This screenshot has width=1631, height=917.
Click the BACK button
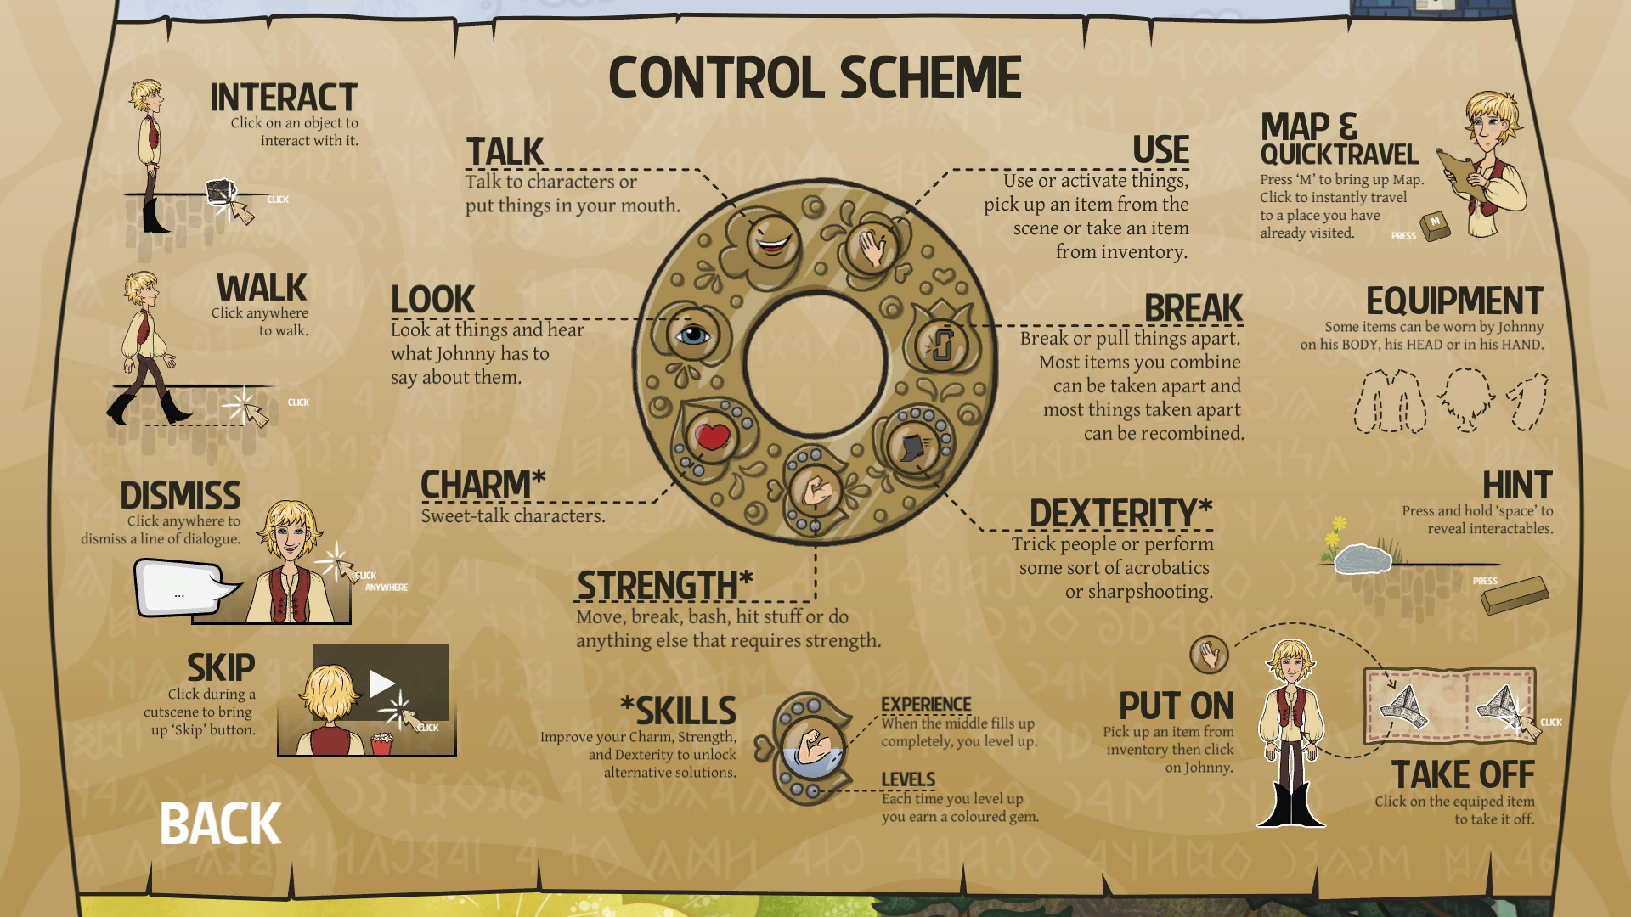[220, 824]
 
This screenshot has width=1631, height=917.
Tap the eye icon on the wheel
[692, 335]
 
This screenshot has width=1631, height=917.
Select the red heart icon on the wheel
[712, 436]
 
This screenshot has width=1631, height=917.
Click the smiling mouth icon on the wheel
[773, 240]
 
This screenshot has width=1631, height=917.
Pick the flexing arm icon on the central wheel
[816, 490]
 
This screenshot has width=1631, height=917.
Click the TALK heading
[505, 152]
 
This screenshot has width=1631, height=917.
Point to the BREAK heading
[1193, 308]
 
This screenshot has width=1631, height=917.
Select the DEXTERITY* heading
[1120, 514]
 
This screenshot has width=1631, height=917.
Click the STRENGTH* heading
[664, 585]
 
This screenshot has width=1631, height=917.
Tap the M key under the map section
[1435, 225]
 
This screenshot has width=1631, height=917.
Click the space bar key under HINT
[1515, 595]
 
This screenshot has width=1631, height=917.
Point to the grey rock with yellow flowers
[1362, 558]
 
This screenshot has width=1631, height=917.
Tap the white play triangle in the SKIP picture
[381, 683]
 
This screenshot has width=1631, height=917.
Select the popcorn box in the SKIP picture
[381, 744]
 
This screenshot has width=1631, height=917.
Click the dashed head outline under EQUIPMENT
[1466, 398]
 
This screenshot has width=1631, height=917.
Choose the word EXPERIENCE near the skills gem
[926, 705]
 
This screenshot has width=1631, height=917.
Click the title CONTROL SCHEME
[815, 78]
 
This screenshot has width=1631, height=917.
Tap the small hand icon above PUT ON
[1209, 655]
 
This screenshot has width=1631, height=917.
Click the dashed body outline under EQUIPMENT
[1390, 401]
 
